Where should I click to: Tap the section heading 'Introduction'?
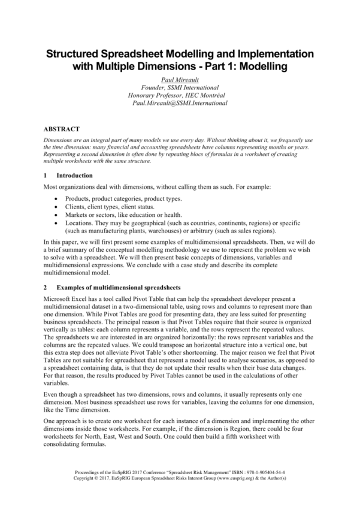tap(74, 176)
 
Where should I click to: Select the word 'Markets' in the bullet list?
tap(78, 215)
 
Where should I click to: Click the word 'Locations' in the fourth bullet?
tap(80, 222)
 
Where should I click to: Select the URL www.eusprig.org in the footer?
tap(239, 479)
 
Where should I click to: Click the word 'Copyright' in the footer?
tap(86, 479)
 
